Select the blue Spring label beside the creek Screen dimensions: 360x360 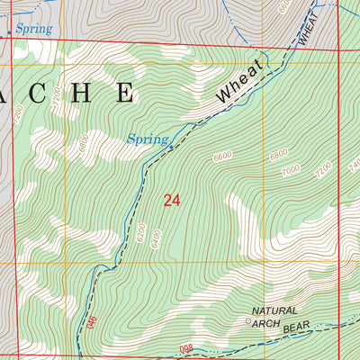[147, 139]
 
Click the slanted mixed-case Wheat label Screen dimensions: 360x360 [238, 84]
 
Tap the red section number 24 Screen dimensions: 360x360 [172, 200]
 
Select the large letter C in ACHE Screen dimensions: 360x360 [45, 92]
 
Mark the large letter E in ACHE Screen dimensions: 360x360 [124, 92]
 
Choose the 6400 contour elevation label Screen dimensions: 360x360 [158, 239]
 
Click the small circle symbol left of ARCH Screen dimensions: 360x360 [249, 319]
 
